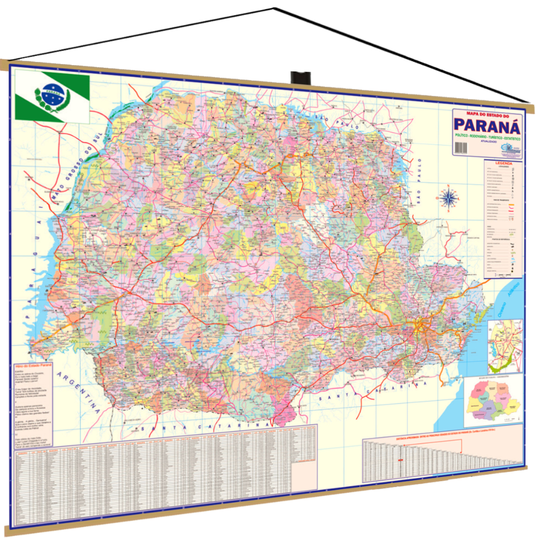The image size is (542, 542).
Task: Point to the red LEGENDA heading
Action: [503, 164]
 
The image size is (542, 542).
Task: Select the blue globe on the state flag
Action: [53, 95]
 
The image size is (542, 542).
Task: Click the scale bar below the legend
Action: [503, 275]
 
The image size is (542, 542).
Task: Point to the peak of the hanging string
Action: [274, 8]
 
